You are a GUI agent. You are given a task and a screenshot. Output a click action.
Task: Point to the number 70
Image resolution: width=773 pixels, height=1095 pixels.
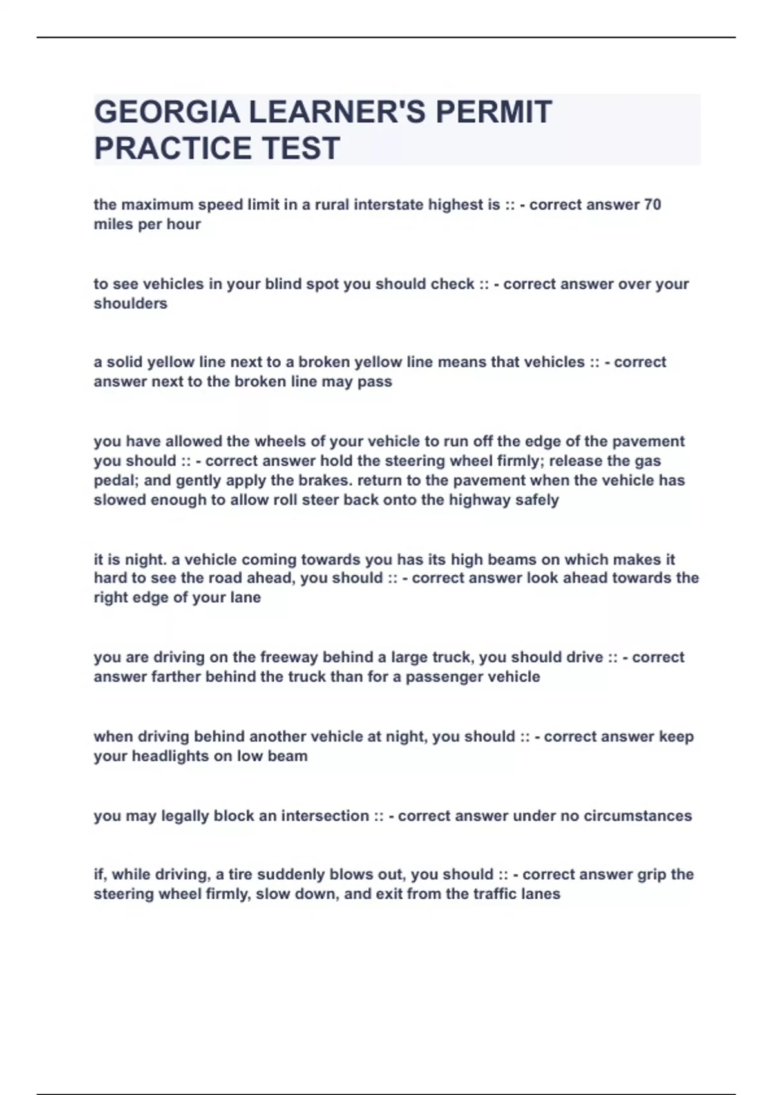pos(652,205)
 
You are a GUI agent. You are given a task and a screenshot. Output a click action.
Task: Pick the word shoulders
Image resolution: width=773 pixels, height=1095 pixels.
pos(130,303)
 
